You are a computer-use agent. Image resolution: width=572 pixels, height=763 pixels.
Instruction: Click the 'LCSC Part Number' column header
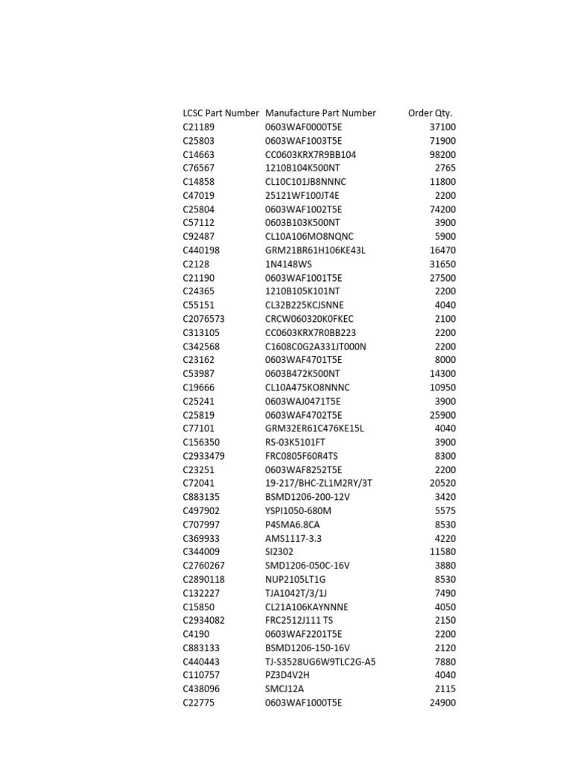[x=220, y=113]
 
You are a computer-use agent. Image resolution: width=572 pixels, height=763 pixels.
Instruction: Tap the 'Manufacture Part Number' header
[x=320, y=113]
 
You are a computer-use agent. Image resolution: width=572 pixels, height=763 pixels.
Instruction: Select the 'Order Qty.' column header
[x=430, y=113]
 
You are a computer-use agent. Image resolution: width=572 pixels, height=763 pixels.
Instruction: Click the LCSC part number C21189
[x=198, y=127]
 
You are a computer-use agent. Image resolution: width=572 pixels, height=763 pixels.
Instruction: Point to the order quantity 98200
[x=442, y=155]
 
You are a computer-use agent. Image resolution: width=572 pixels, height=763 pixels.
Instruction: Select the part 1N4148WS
[x=290, y=265]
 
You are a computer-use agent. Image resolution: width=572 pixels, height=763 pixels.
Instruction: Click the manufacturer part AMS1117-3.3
[x=293, y=538]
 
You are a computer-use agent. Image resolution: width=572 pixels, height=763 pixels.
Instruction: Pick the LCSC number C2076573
[x=203, y=319]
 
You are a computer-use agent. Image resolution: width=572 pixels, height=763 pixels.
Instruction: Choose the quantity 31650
[x=442, y=265]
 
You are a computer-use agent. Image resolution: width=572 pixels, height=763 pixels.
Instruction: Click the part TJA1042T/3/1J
[x=300, y=593]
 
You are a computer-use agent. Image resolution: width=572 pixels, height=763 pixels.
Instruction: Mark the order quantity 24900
[x=442, y=703]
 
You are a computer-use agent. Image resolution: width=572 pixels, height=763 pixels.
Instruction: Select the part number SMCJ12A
[x=285, y=689]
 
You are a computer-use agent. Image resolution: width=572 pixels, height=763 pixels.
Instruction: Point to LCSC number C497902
[x=201, y=511]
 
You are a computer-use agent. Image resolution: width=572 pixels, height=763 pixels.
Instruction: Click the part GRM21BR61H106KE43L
[x=315, y=250]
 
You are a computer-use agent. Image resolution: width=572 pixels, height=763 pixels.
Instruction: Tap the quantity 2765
[x=445, y=168]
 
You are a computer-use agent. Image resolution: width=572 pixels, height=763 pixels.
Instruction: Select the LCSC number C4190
[x=195, y=634]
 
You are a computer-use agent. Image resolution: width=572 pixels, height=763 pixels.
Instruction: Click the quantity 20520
[x=442, y=484]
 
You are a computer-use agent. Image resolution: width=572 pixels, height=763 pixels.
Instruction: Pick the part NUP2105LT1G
[x=296, y=580]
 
